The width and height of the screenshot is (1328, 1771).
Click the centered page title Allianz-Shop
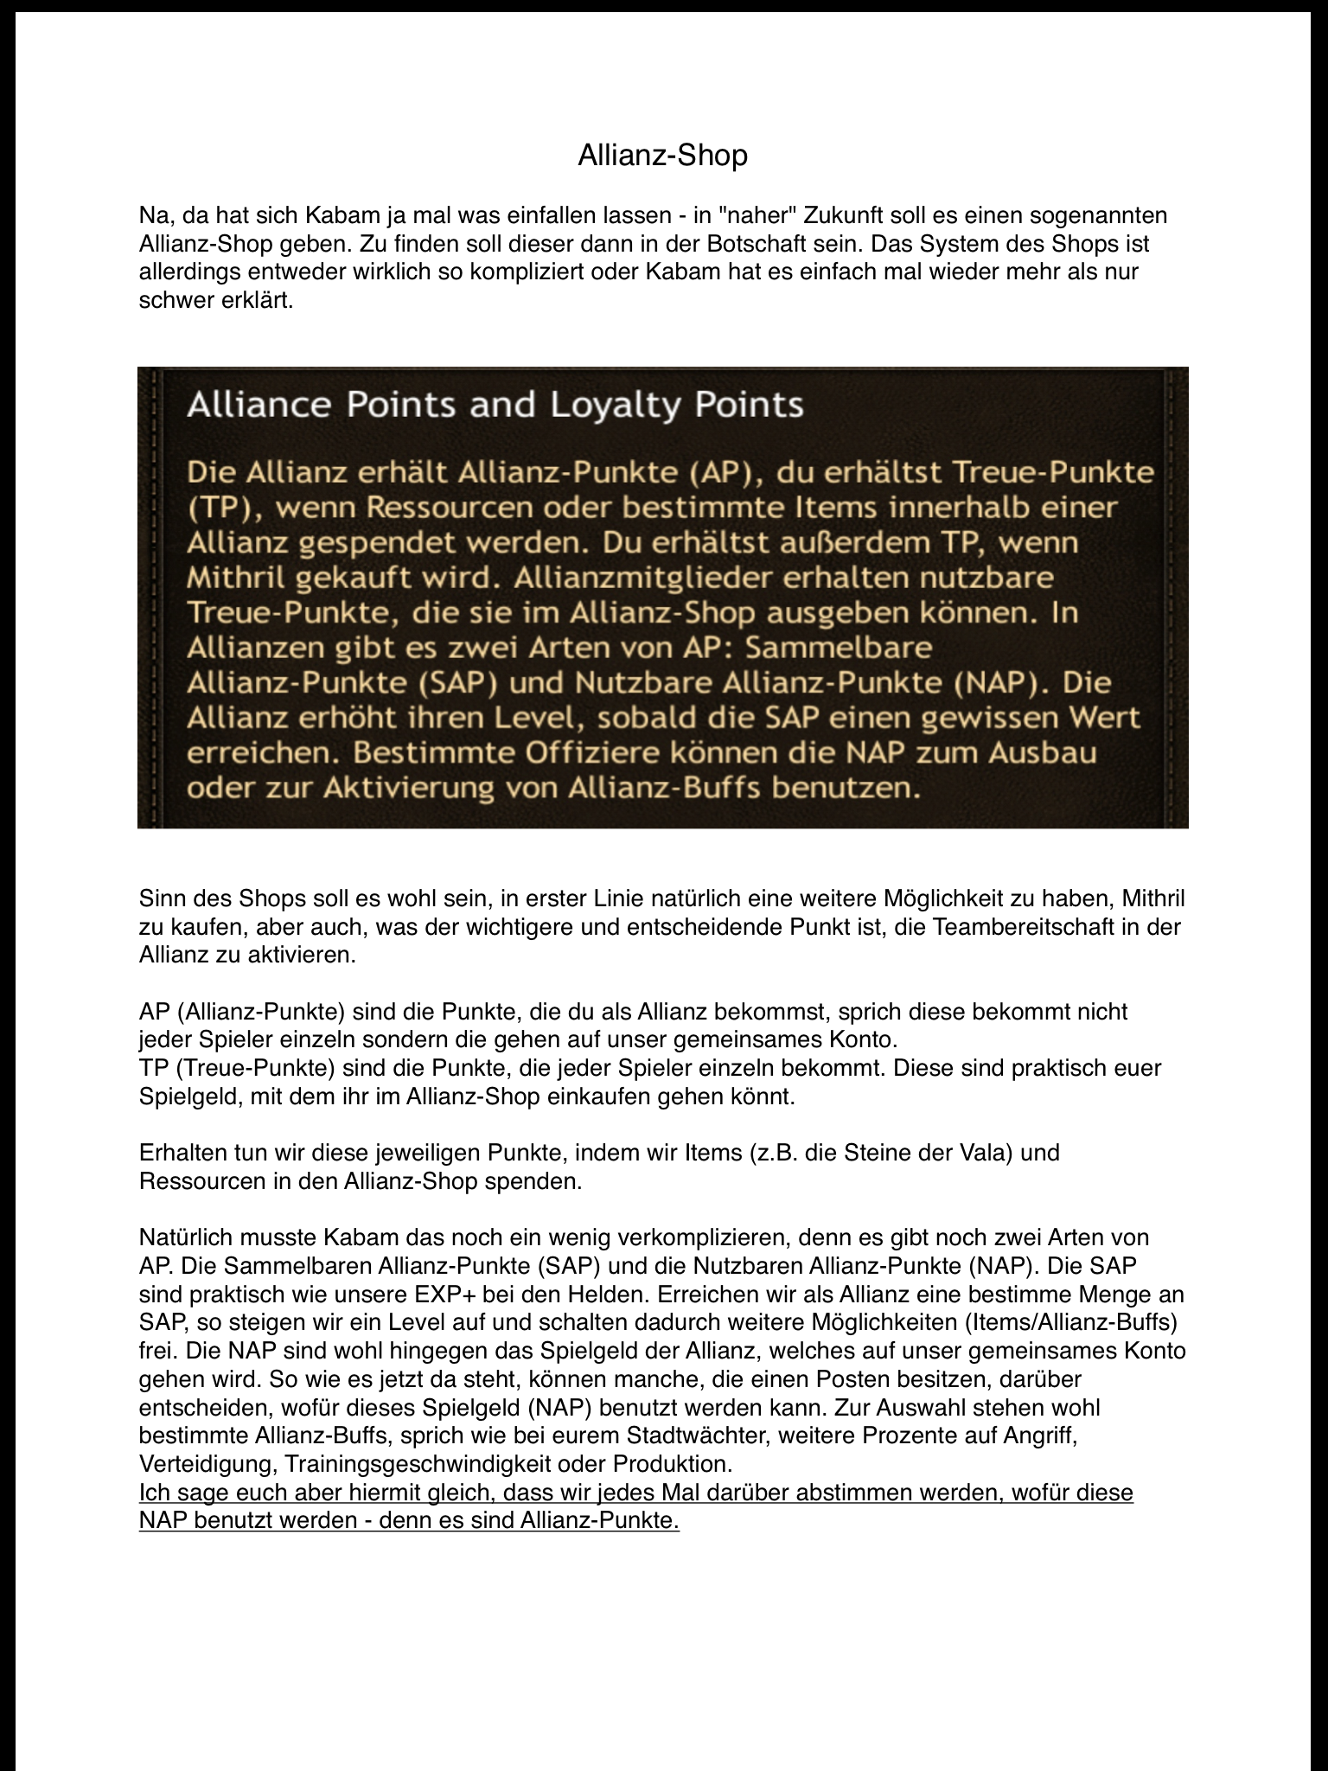(x=662, y=156)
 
